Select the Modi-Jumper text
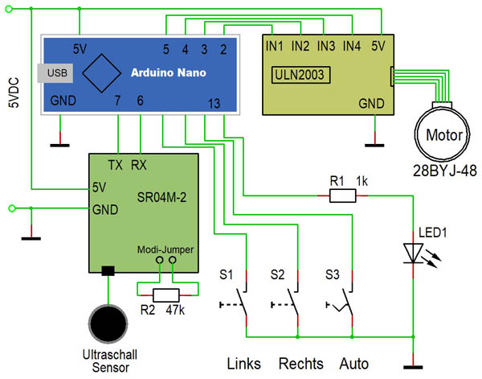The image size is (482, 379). click(x=165, y=249)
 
